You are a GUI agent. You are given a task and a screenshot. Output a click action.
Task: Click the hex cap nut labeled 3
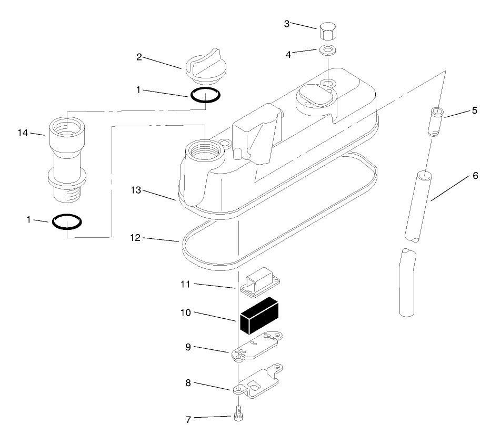point(328,31)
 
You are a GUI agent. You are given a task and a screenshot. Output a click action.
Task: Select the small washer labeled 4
point(328,50)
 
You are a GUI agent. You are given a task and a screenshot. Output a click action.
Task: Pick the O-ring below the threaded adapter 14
point(67,221)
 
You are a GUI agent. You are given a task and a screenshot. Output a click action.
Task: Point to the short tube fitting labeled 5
point(436,122)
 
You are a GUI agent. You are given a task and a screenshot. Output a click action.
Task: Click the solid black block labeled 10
point(259,316)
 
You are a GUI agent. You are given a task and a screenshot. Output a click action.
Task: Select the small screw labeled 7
point(238,413)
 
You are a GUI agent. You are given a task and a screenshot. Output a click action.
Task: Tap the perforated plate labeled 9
point(257,347)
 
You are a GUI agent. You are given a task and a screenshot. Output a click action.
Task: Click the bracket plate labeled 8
point(258,381)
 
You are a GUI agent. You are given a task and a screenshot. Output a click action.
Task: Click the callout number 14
point(23,133)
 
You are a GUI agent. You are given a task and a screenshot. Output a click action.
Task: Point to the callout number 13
point(136,190)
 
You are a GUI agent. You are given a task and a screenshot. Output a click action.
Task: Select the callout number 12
point(135,238)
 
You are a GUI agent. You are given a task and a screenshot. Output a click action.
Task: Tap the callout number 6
point(475,176)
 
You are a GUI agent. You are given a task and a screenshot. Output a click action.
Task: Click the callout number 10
point(186,312)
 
